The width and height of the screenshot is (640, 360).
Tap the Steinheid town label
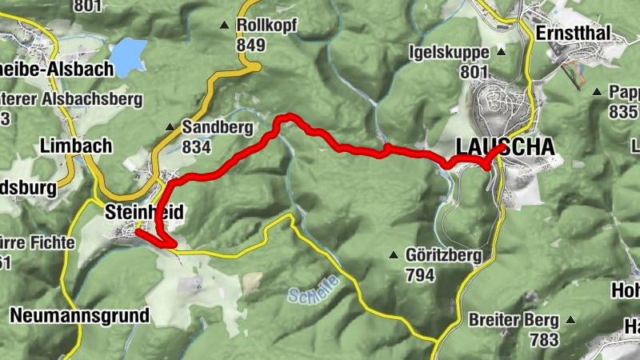[x=145, y=212]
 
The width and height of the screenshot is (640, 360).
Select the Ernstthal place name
[x=574, y=33]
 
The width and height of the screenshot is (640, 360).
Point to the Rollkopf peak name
[x=266, y=26]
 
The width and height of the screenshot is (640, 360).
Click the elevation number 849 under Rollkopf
[x=250, y=45]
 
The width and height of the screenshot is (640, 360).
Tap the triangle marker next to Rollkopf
[x=225, y=26]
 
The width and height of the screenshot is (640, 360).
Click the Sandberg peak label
[x=217, y=127]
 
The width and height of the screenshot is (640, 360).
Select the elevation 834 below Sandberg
[x=196, y=146]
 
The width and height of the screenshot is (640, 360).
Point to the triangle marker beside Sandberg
[x=170, y=127]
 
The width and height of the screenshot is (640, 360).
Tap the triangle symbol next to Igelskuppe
[x=502, y=53]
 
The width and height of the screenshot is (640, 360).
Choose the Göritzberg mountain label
[x=443, y=256]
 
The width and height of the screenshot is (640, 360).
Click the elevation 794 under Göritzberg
[x=420, y=275]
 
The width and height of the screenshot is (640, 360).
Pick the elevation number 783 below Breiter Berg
[x=544, y=339]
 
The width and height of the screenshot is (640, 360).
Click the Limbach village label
[x=76, y=146]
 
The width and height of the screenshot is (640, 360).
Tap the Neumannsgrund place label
[x=80, y=315]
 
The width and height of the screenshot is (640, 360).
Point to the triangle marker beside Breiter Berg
[x=570, y=320]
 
